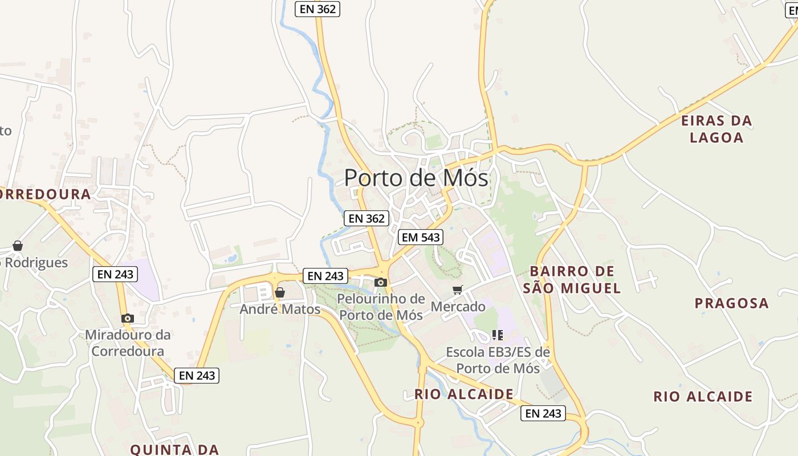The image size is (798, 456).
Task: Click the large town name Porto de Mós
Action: pos(416,178)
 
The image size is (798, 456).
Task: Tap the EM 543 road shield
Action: pos(421,237)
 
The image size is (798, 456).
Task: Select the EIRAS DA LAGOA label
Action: pos(716,129)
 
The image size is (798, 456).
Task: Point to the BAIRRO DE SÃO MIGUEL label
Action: pos(572,279)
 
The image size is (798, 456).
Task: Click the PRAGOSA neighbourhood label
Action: pos(731,303)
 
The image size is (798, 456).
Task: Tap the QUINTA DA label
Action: pos(174,449)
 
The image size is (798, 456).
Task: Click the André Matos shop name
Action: pos(280,309)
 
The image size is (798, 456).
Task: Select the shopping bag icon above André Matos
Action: pos(280,292)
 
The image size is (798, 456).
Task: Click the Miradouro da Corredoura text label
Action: pos(128,343)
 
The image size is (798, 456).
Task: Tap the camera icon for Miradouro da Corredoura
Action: pos(128,318)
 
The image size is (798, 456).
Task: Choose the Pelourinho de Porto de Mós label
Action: pos(381,307)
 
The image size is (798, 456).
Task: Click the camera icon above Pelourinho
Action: pos(381,282)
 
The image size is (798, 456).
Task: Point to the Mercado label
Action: pos(458,307)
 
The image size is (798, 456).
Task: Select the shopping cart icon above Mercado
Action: pos(458,290)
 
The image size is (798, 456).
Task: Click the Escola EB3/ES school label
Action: pos(498,360)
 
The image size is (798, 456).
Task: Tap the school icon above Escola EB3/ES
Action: pos(498,335)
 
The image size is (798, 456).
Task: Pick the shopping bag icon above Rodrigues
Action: pos(18,246)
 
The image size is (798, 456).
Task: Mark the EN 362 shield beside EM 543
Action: pos(367,218)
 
